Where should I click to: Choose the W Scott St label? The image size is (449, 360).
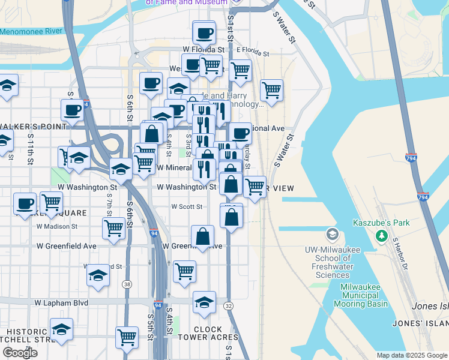click(x=187, y=206)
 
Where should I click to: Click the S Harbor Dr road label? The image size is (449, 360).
click(x=399, y=252)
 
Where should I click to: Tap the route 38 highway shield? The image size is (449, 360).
click(x=127, y=284)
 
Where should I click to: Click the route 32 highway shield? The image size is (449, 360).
click(x=229, y=305)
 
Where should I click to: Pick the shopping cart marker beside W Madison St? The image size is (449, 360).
click(x=113, y=227)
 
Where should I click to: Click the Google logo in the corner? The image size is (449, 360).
click(x=20, y=352)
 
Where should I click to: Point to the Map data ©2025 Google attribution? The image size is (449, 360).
click(x=411, y=355)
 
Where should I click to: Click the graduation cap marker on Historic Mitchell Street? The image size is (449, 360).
click(x=61, y=329)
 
